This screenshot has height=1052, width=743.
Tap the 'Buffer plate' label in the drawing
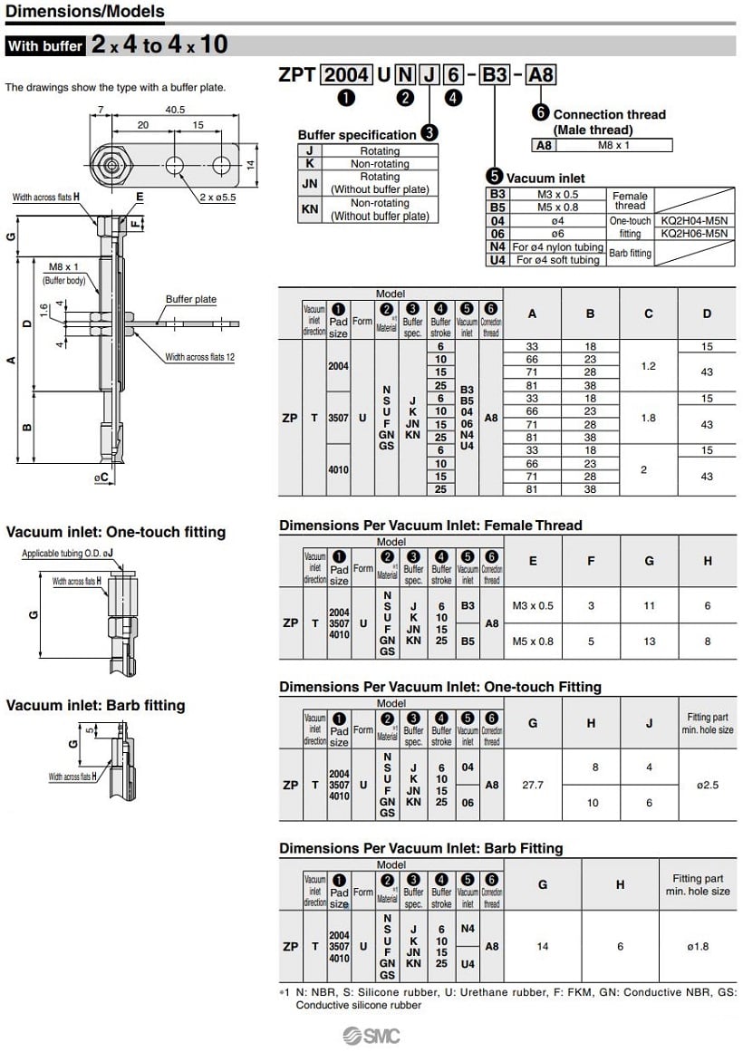pos(190,299)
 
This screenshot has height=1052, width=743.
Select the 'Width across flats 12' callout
pos(199,357)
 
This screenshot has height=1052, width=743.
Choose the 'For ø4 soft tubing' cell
pos(556,260)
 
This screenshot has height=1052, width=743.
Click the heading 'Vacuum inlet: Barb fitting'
pos(95,705)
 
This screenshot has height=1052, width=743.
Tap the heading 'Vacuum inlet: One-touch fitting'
pos(116,532)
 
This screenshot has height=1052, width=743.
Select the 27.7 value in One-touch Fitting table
pos(533,785)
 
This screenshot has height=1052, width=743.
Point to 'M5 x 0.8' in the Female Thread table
pos(533,642)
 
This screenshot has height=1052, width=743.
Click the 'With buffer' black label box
pos(45,45)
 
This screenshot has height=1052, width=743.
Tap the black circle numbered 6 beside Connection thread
pos(541,112)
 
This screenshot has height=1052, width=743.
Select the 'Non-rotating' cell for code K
pos(380,164)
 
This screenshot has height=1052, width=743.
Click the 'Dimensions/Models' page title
pos(85,12)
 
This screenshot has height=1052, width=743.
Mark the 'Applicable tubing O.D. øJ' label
pos(67,554)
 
